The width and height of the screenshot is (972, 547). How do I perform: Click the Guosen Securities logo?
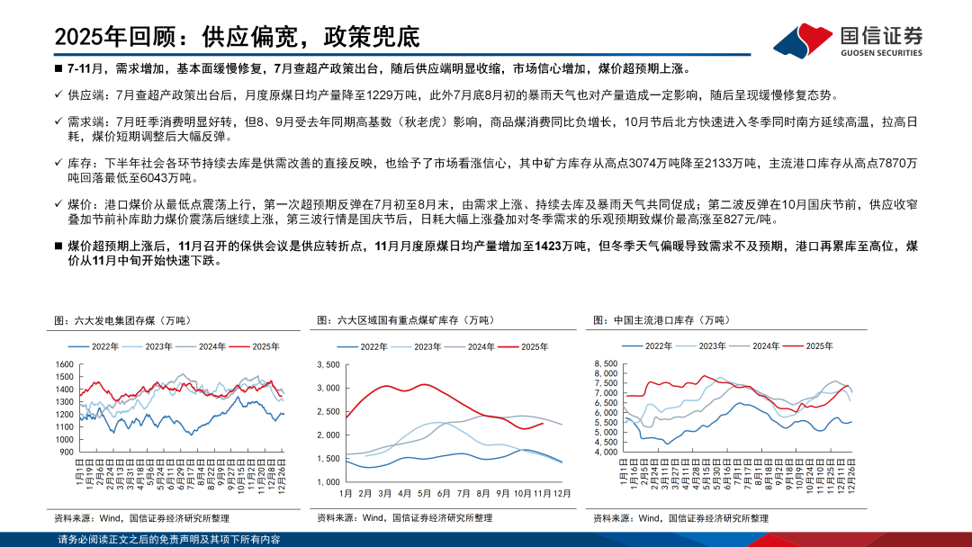(x=848, y=39)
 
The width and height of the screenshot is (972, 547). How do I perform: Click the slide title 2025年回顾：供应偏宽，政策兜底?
(x=238, y=38)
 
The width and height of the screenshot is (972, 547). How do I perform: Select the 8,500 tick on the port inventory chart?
(x=605, y=363)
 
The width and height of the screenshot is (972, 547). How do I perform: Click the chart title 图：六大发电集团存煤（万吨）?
(x=121, y=320)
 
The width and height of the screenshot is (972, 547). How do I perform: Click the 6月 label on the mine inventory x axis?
(x=443, y=494)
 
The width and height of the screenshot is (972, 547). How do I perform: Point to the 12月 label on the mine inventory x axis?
(x=562, y=494)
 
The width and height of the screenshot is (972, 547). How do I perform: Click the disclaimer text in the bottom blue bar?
(x=168, y=540)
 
